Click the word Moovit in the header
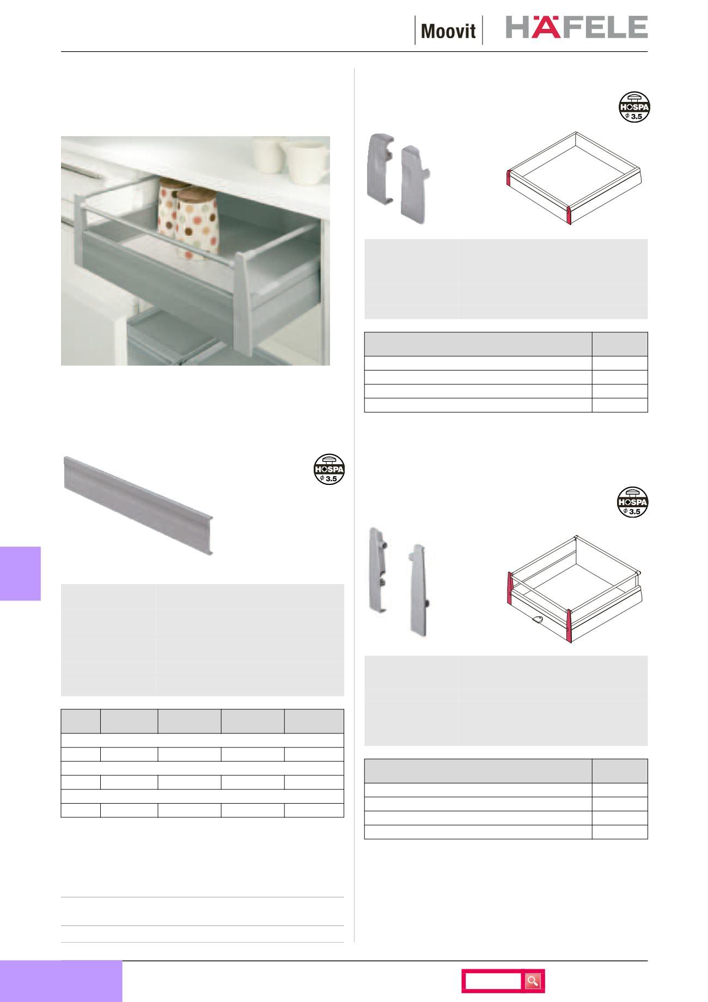tap(449, 31)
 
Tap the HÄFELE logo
tap(577, 27)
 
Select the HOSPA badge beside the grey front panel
tap(330, 469)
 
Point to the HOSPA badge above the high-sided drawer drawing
tap(633, 501)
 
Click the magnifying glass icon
tap(533, 981)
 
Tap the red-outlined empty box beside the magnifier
tap(493, 981)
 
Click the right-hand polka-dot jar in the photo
tap(199, 223)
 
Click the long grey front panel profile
tap(139, 504)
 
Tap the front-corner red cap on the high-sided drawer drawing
tap(571, 626)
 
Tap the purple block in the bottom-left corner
tap(61, 981)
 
